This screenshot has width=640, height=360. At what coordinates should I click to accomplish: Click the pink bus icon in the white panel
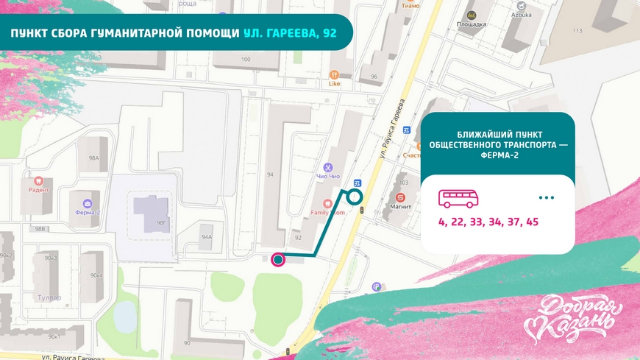pyautogui.click(x=458, y=198)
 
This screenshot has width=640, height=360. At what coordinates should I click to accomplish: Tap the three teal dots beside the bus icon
pyautogui.click(x=546, y=198)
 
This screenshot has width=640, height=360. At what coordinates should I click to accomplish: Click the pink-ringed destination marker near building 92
pyautogui.click(x=278, y=258)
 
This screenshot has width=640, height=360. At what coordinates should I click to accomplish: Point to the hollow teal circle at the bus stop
pyautogui.click(x=355, y=196)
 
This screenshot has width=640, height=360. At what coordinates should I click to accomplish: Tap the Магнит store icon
pyautogui.click(x=400, y=197)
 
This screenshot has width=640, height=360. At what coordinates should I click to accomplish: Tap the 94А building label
pyautogui.click(x=207, y=237)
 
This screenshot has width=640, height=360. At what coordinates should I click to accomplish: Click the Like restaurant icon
pyautogui.click(x=334, y=74)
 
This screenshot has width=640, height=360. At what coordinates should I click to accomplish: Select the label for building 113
pyautogui.click(x=577, y=30)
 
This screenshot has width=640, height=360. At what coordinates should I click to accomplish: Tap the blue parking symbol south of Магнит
pyautogui.click(x=377, y=287)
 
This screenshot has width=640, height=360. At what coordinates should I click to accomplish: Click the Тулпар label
pyautogui.click(x=51, y=298)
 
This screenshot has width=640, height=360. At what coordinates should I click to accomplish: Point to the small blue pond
pyautogui.click(x=126, y=314)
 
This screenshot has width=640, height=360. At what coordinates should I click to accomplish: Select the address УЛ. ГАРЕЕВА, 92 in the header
pyautogui.click(x=290, y=34)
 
